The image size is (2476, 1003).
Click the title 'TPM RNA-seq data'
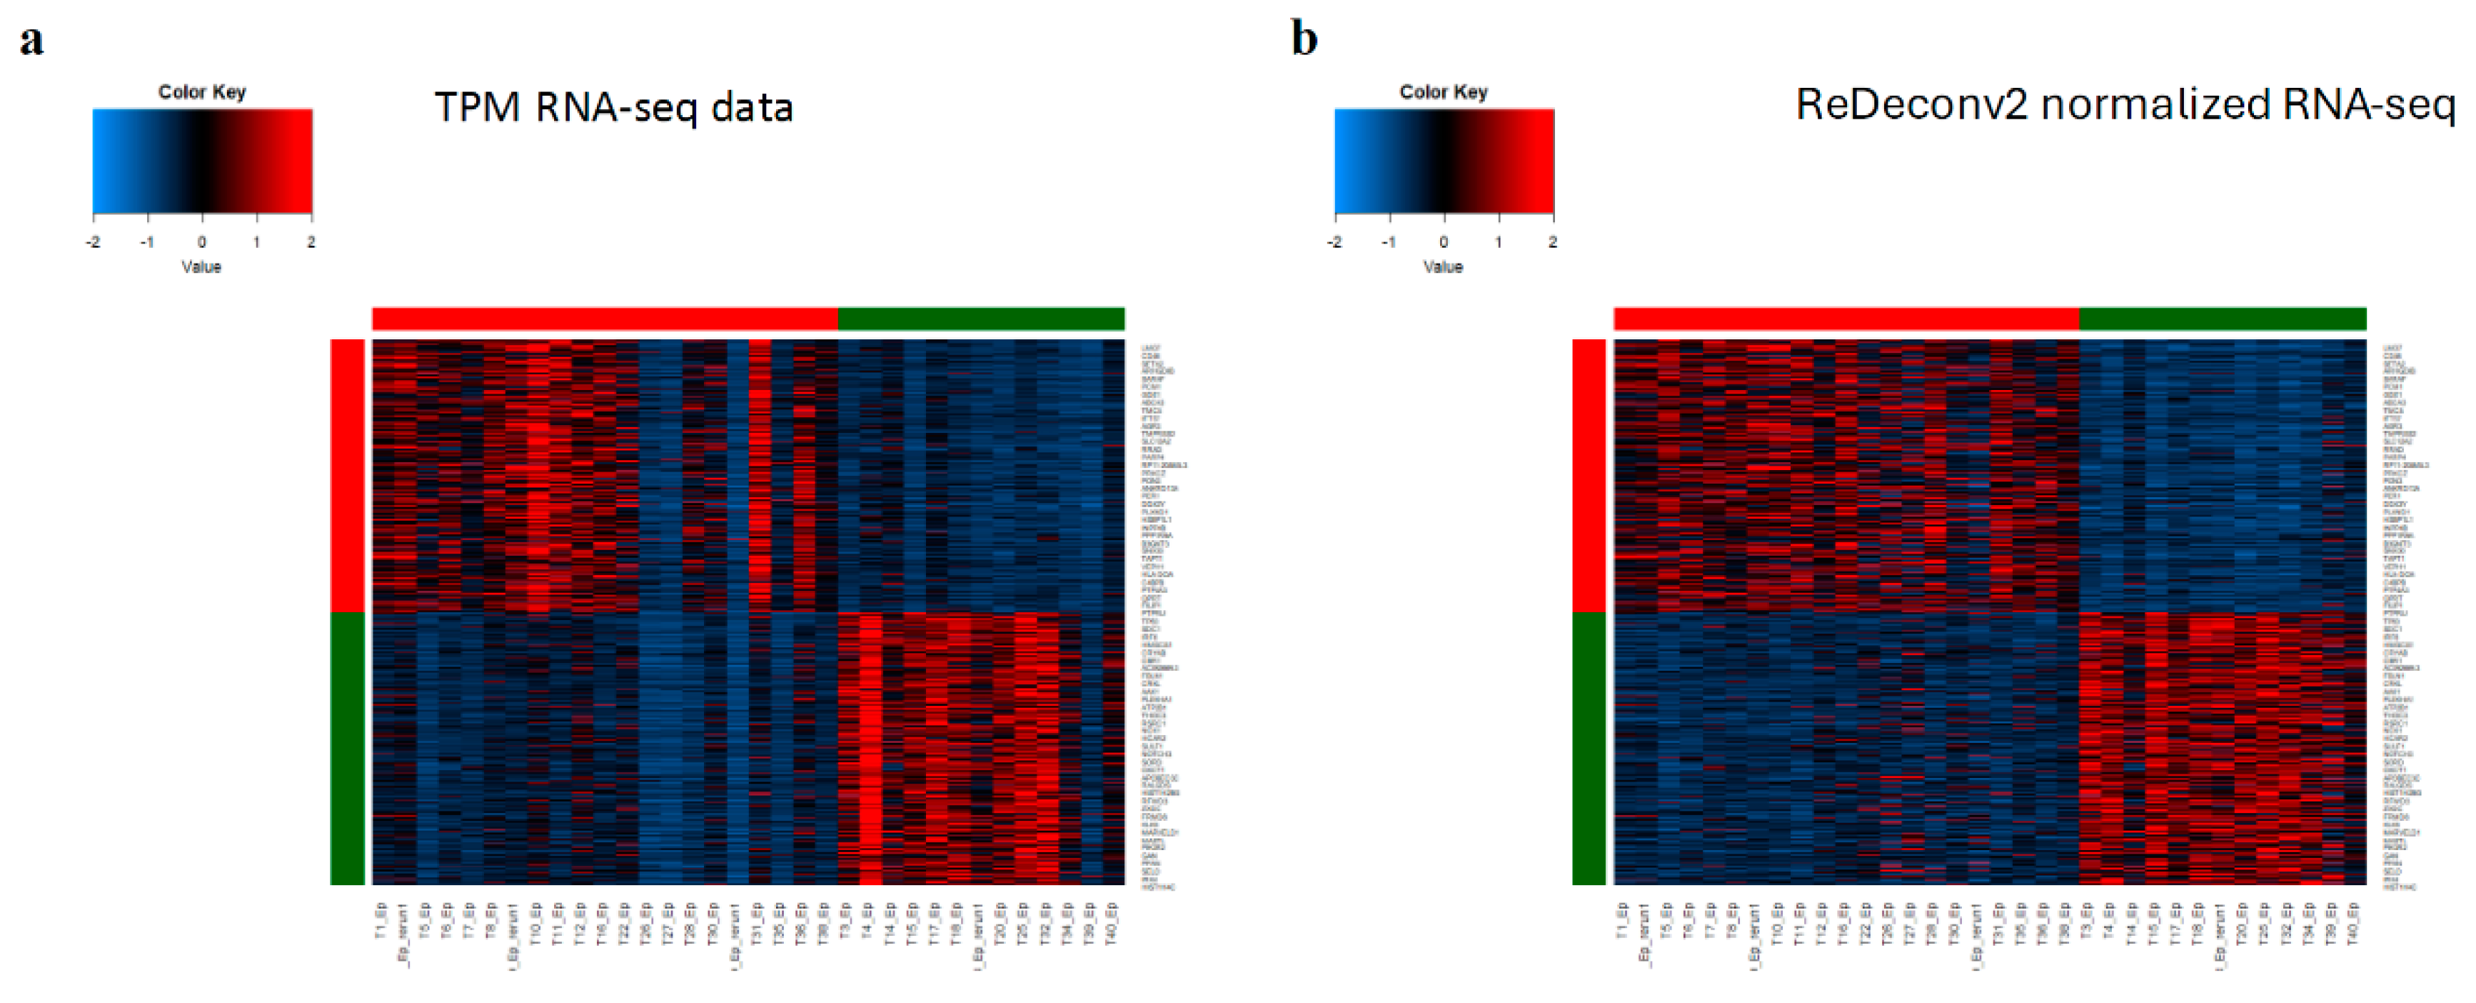[x=613, y=106]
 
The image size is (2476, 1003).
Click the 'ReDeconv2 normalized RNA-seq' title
[x=2124, y=104]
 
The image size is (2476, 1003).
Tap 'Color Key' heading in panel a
[x=202, y=92]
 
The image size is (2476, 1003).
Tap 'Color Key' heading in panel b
[x=1443, y=92]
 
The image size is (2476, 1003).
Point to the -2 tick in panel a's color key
[x=94, y=242]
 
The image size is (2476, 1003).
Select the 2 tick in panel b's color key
[x=1552, y=242]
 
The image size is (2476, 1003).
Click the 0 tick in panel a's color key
[x=202, y=242]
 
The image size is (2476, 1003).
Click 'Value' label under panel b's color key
[x=1443, y=266]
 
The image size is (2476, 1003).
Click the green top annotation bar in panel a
[x=980, y=319]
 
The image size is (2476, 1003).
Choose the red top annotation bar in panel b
[x=1846, y=319]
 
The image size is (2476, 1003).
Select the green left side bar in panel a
[x=347, y=747]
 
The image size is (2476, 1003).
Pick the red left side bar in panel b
[x=1589, y=475]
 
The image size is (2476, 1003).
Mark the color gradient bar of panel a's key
[x=202, y=161]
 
